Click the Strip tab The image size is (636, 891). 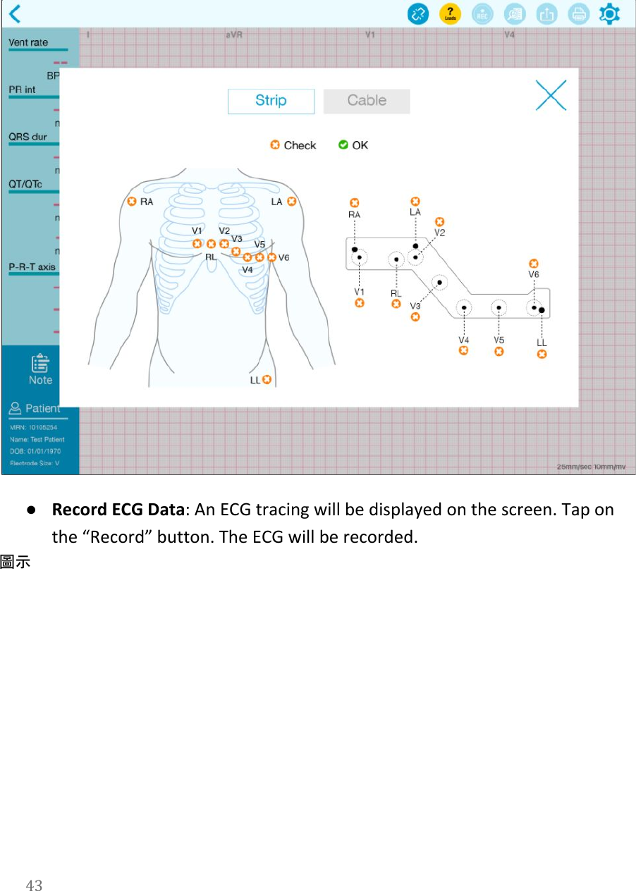[271, 101]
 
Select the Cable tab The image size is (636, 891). [367, 101]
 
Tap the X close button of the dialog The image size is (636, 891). [551, 95]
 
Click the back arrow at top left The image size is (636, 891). [15, 13]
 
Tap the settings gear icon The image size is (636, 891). [609, 13]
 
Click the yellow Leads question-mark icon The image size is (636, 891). [450, 13]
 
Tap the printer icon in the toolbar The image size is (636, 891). [578, 13]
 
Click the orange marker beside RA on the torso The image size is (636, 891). [132, 202]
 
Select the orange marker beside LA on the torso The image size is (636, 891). [291, 202]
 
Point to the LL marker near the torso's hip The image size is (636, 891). [267, 379]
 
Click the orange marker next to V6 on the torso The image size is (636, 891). [272, 257]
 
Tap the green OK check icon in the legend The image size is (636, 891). [343, 145]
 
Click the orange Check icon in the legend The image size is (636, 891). [275, 145]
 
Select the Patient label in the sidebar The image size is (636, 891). [42, 408]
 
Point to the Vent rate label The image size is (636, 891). [28, 42]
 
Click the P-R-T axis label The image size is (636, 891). [32, 267]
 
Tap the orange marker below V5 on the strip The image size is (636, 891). [499, 351]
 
